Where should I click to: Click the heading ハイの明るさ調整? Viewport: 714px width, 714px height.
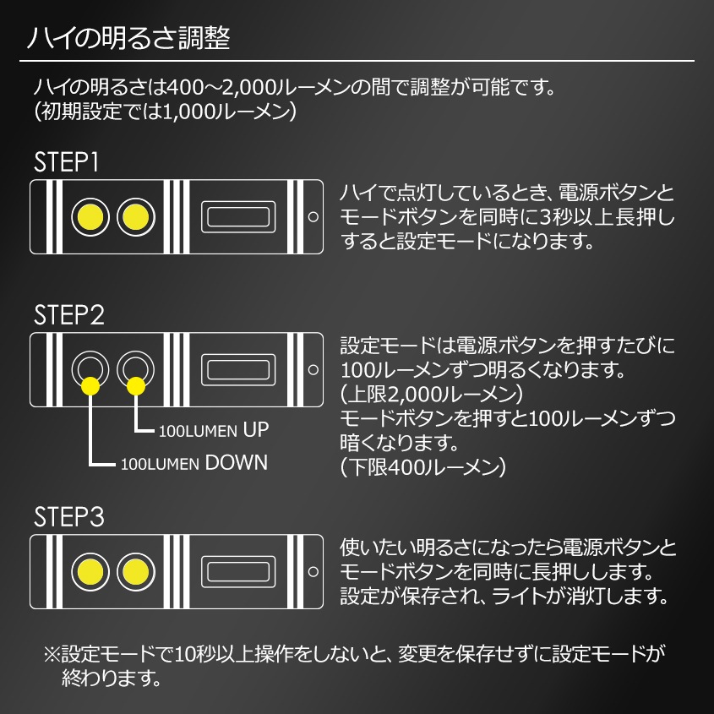coord(127,39)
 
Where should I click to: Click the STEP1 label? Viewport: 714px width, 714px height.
coord(68,161)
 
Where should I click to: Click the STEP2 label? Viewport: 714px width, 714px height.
coord(69,315)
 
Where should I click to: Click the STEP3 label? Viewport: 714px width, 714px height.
coord(69,517)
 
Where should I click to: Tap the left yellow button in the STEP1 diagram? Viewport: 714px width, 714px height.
coord(89,217)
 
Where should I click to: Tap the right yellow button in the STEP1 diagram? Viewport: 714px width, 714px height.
coord(135,217)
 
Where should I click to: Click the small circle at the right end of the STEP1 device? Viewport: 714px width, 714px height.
coord(313,217)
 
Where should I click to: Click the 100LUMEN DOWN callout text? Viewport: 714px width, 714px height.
coord(193,463)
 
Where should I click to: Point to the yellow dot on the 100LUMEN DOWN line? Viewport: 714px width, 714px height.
coord(90,387)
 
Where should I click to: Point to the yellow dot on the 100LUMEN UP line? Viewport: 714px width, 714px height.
coord(135,387)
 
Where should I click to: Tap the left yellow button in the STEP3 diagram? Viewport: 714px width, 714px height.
coord(89,571)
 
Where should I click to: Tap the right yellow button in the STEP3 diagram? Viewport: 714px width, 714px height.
coord(135,571)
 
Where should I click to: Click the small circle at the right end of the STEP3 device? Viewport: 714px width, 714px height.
coord(313,571)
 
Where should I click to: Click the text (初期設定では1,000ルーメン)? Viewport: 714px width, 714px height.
coord(165,111)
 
